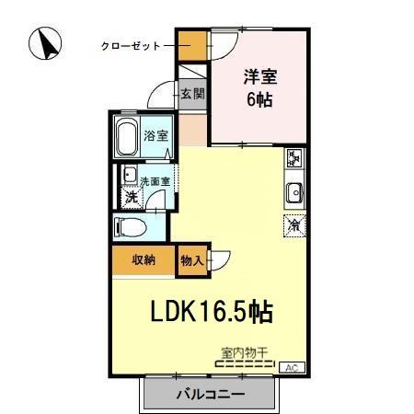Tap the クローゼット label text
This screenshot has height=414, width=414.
132,45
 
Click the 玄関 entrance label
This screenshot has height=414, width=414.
192,93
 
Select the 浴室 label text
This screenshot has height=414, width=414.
156,136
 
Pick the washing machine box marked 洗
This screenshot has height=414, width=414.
132,195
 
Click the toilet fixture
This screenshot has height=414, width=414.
129,226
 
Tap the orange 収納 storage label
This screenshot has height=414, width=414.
143,259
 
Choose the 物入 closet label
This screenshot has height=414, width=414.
193,260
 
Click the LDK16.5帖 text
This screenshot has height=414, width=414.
211,312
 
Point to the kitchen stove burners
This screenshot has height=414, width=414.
294,158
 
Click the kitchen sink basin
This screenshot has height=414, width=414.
294,192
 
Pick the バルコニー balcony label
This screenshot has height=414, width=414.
209,396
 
